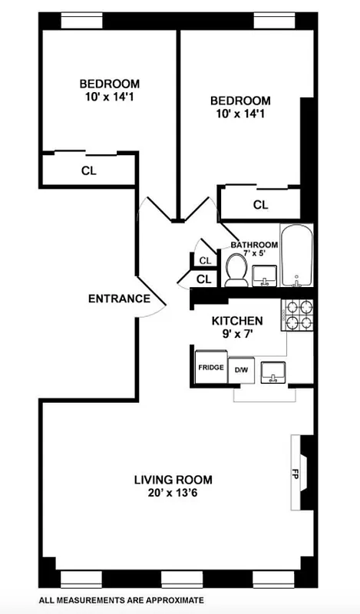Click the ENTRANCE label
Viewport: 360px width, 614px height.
coord(118,299)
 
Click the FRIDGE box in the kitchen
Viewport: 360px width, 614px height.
coord(210,367)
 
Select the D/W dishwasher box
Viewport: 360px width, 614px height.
coord(242,370)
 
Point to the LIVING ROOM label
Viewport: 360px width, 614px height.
coord(173,480)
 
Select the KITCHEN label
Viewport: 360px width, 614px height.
coord(238,321)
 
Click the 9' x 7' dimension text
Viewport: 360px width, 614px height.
coord(238,335)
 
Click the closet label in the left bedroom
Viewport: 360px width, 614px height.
coord(89,170)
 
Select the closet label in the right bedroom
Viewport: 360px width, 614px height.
coord(261,204)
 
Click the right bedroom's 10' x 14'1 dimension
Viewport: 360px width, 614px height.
coord(241,114)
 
